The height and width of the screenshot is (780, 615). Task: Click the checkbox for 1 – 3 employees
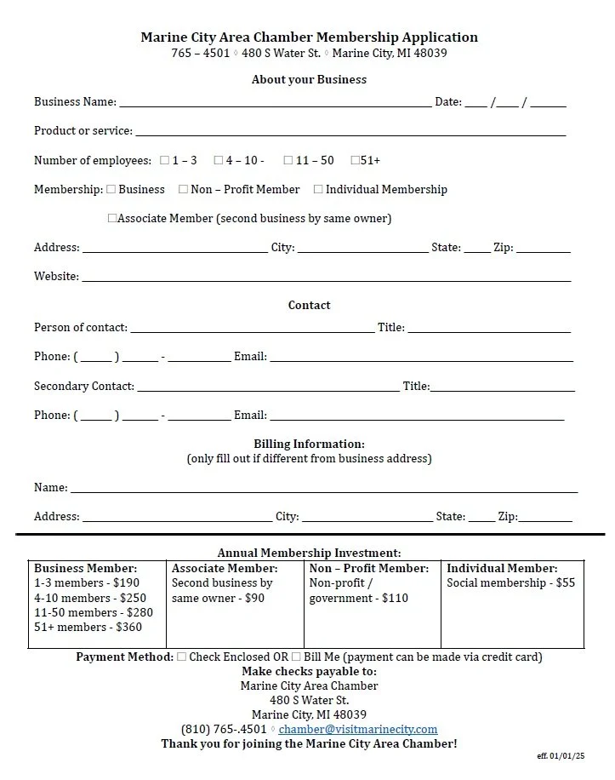point(165,160)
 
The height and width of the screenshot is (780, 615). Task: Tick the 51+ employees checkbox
point(356,160)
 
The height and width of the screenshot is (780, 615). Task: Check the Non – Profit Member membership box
point(183,189)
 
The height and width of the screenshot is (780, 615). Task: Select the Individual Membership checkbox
point(319,189)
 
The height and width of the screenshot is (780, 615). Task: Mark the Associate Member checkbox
point(112,218)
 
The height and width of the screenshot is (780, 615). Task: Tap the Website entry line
point(326,278)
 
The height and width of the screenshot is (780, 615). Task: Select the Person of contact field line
point(252,329)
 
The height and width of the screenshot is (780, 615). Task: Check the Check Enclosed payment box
point(182,657)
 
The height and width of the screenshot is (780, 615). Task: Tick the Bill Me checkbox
point(296,657)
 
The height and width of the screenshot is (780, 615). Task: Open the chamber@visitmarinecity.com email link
point(358,729)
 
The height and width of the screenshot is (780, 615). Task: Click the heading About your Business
point(309,79)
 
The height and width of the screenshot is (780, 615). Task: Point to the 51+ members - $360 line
point(88,628)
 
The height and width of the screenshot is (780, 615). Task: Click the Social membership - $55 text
point(510,583)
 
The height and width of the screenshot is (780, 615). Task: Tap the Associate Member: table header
point(225,568)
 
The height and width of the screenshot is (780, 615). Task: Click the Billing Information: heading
point(309,444)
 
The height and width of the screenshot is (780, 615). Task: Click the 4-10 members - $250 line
point(90,598)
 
